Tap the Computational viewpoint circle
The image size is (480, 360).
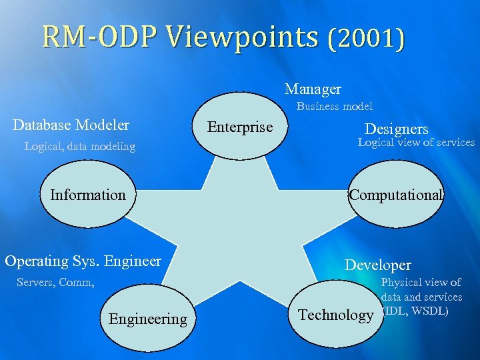[396, 195]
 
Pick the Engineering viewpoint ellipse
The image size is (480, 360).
[148, 319]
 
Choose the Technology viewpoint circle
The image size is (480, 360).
[336, 315]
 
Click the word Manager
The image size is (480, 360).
[313, 89]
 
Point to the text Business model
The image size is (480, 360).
[335, 107]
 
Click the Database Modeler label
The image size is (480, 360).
[71, 125]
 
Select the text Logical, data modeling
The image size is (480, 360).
[79, 147]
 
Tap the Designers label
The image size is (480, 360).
[396, 129]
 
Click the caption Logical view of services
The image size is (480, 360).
[416, 143]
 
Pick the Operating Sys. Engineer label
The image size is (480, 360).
[83, 261]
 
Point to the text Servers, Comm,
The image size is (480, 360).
[55, 283]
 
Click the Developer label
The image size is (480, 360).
[377, 265]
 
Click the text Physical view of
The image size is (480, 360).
[421, 283]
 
